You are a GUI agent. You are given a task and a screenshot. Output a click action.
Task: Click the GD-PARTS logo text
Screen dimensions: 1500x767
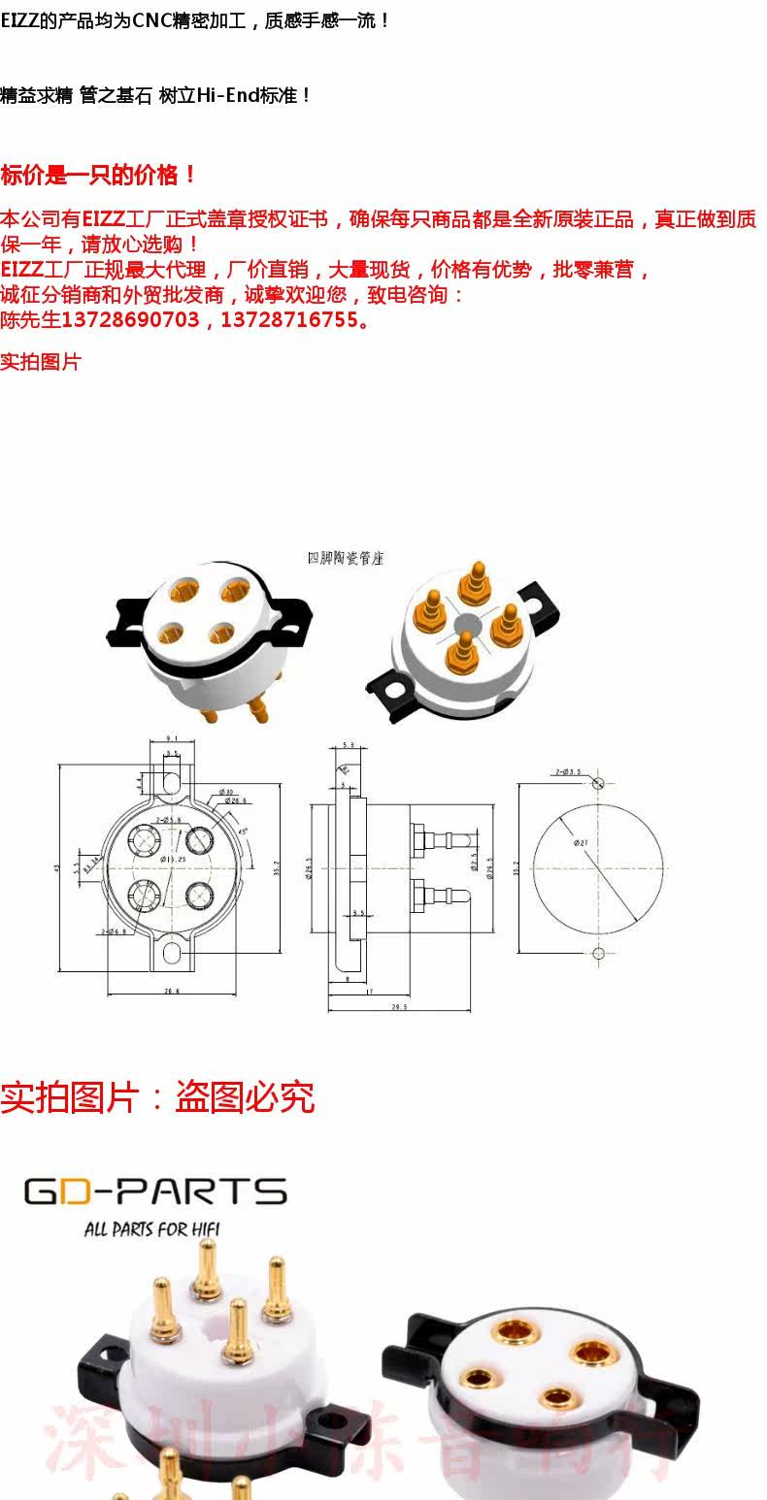155,1190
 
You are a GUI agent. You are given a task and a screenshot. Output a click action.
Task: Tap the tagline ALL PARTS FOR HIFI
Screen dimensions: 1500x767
151,1229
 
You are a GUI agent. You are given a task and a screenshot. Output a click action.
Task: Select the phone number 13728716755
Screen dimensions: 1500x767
289,319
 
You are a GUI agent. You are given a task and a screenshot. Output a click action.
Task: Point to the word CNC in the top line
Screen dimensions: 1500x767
151,19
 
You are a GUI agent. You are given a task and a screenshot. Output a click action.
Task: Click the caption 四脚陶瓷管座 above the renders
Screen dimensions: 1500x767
346,558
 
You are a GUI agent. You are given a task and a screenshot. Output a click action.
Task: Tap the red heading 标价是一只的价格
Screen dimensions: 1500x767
98,176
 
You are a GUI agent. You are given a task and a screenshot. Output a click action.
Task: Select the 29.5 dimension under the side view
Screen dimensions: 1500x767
398,1007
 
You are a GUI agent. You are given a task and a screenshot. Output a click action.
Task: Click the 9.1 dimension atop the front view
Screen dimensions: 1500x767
171,738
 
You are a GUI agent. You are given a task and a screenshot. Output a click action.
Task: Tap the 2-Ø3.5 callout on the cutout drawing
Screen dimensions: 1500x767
568,772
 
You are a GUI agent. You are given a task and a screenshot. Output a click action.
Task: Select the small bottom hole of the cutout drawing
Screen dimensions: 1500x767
598,953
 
